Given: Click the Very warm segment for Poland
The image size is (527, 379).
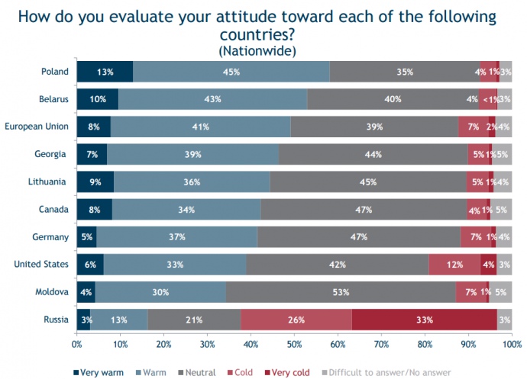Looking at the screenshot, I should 105,72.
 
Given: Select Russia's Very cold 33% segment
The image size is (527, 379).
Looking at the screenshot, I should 424,320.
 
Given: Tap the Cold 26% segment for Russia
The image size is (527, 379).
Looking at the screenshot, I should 297,320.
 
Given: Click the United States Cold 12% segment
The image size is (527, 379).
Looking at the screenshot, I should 454,265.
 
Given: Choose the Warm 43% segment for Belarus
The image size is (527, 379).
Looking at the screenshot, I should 213,99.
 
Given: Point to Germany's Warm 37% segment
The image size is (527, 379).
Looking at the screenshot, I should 177,237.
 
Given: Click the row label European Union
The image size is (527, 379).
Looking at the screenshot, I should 37,127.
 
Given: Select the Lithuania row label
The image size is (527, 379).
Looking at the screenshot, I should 48,182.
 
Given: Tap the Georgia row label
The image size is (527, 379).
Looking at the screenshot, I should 51,154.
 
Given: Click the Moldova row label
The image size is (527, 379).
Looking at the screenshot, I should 50,292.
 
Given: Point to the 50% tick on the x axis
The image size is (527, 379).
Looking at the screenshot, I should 294,345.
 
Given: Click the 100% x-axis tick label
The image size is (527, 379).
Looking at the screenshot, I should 511,345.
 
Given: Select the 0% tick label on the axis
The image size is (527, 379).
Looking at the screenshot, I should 76,345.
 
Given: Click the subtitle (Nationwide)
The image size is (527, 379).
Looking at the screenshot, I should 257,50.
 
